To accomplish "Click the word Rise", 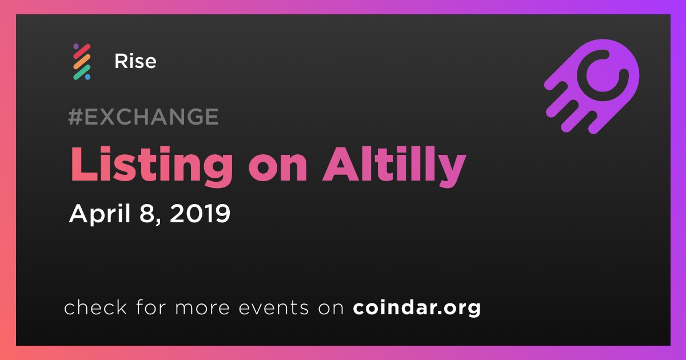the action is coord(135,61).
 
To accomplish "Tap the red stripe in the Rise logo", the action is coord(82,51).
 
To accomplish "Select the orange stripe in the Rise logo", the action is coord(82,62).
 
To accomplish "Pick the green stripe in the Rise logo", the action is coord(82,72).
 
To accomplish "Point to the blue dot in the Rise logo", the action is coord(87,77).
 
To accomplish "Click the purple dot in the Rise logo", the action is coord(76,46).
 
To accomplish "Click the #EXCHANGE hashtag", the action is coord(143,117).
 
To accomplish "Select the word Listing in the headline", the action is coord(151,166).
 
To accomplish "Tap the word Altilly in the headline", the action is coord(394,166).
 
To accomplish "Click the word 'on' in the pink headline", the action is coord(278,169).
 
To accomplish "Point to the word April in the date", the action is coord(100,214).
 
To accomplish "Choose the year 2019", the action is coord(200,213).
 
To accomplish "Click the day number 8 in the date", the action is coord(146,213).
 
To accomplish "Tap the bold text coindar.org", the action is coord(417,307).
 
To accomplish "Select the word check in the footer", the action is coord(95,307).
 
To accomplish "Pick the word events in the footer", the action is coord(273,307).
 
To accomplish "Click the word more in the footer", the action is coord(202,308).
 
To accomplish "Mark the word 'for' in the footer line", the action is coord(151,307).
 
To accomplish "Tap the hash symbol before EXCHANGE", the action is coord(75,117).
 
